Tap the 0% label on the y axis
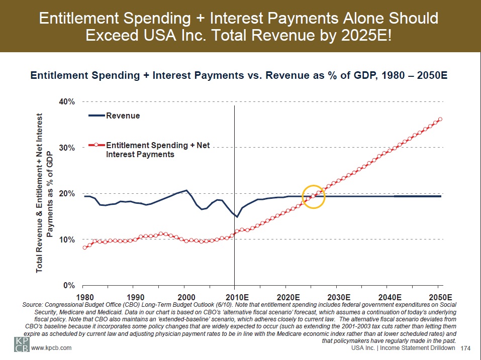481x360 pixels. pyautogui.click(x=69, y=285)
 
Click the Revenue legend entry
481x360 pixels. pyautogui.click(x=122, y=115)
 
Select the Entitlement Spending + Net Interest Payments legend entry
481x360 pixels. pyautogui.click(x=157, y=150)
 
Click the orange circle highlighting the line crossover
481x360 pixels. pyautogui.click(x=314, y=197)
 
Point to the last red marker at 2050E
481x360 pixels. pyautogui.click(x=440, y=119)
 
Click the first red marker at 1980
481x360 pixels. pyautogui.click(x=84, y=248)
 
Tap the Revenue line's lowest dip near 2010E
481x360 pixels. pyautogui.click(x=236, y=217)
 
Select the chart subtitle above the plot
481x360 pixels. pyautogui.click(x=239, y=76)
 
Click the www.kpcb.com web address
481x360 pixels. pyautogui.click(x=51, y=347)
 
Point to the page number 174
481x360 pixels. pyautogui.click(x=465, y=348)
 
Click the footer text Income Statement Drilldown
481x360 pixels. pyautogui.click(x=420, y=348)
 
